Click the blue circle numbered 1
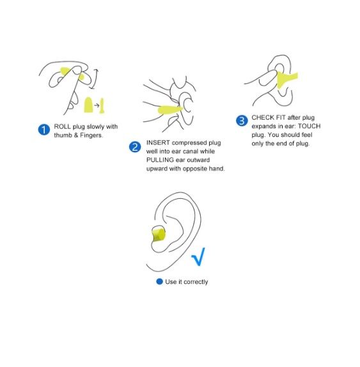point(44,129)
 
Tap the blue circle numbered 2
point(135,147)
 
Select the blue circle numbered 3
point(242,121)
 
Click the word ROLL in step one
point(62,127)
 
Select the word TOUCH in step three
point(309,126)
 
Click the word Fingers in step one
point(91,136)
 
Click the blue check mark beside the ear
point(198,256)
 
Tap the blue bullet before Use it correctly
point(159,281)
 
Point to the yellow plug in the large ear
point(158,233)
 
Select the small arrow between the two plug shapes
point(97,105)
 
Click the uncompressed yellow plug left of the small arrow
point(88,105)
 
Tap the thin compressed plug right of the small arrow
point(102,105)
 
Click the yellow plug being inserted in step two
point(170,109)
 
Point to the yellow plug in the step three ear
point(286,79)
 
